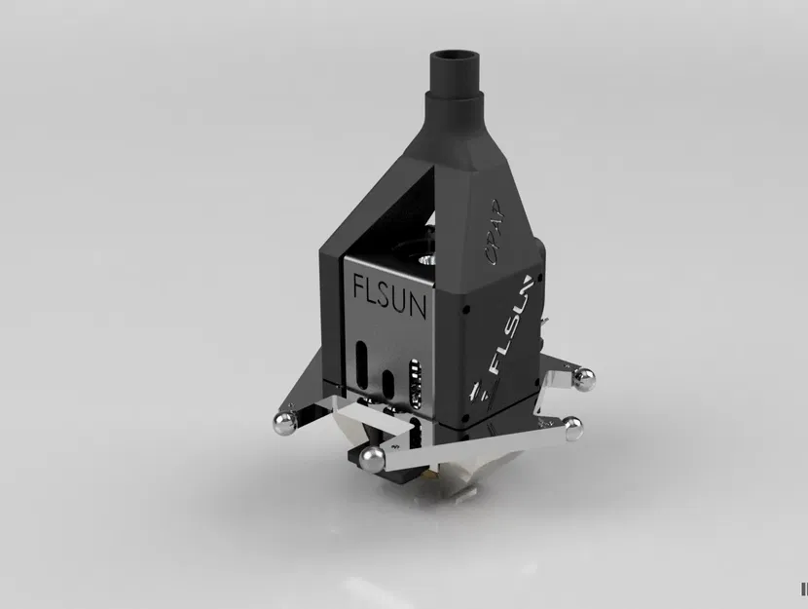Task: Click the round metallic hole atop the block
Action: click(x=429, y=260)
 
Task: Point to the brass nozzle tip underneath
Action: click(x=429, y=477)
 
